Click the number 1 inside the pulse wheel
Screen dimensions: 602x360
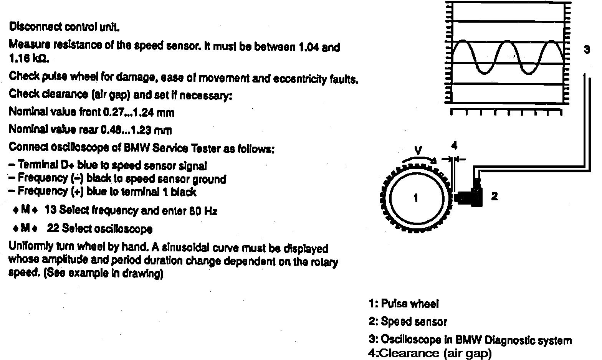(415, 198)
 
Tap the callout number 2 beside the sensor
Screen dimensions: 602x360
(495, 197)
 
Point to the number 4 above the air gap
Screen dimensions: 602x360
(454, 145)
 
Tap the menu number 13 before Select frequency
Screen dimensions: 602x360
(51, 210)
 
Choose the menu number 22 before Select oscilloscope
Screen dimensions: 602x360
(53, 229)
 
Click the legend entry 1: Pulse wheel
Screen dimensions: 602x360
(403, 304)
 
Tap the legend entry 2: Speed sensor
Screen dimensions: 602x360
(408, 322)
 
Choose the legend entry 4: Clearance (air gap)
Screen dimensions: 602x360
(430, 353)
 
